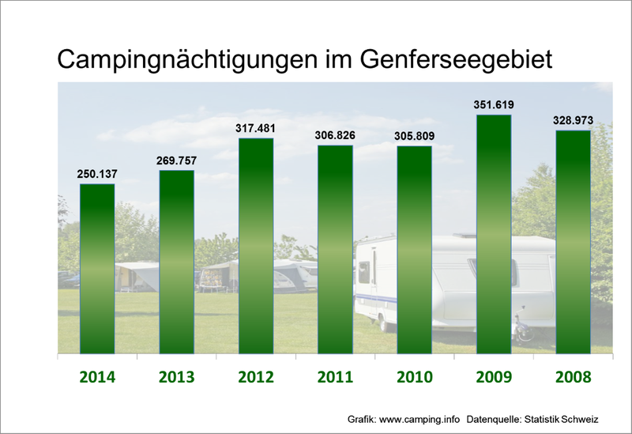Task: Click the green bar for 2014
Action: [97, 269]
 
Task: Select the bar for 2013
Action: [176, 262]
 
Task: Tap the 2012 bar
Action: [256, 246]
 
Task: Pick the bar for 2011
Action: [335, 250]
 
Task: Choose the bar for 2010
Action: [414, 250]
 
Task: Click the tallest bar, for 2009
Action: [494, 234]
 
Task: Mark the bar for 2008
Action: [573, 242]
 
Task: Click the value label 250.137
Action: [97, 174]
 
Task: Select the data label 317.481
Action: [256, 128]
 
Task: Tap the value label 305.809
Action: [414, 136]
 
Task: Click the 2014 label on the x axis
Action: [97, 376]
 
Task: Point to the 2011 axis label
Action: [335, 376]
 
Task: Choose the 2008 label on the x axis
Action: [573, 376]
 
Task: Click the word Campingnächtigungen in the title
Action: [189, 60]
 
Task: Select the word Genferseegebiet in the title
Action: [453, 60]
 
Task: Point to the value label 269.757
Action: [176, 160]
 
